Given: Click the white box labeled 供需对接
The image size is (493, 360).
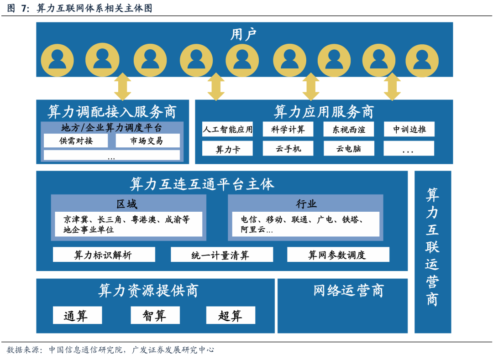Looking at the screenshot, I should click(76, 141).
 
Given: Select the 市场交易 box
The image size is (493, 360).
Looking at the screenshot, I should click(147, 141).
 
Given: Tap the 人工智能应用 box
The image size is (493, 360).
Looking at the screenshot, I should click(227, 129).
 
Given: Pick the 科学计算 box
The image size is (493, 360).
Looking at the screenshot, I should click(288, 129).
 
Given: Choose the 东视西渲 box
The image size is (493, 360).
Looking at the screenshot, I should click(349, 129).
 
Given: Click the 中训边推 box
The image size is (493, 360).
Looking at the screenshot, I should click(409, 129).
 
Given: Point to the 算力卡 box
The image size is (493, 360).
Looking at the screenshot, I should click(227, 149).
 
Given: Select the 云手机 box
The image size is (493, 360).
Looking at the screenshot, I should click(288, 149).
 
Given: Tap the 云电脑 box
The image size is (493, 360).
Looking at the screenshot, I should click(349, 149).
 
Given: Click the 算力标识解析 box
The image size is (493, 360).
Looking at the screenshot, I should click(104, 255).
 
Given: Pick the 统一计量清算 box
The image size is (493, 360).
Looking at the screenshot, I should click(221, 255).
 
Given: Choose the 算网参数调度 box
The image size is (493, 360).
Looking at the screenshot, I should click(338, 255).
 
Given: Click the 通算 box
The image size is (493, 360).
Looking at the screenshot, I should click(77, 315).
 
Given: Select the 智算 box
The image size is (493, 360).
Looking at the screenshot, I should click(155, 315).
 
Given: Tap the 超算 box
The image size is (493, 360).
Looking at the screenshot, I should click(230, 315).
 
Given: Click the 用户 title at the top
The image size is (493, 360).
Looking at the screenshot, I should click(244, 34).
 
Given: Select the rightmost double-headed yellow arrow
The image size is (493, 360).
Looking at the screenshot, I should click(392, 87).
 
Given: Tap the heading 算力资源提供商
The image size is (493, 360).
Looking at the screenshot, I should click(148, 291).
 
